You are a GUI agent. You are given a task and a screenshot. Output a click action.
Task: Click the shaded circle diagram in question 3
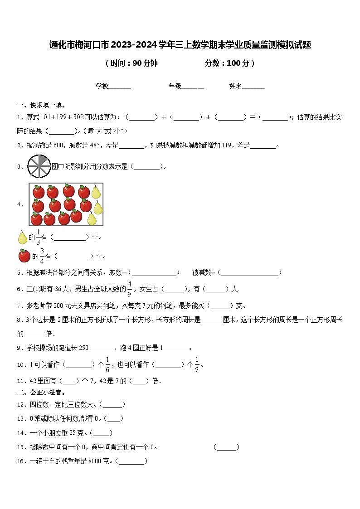[x=39, y=166]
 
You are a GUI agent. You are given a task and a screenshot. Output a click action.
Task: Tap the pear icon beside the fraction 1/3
[x=22, y=237]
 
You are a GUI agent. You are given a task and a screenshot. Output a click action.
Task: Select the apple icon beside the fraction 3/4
[x=24, y=256]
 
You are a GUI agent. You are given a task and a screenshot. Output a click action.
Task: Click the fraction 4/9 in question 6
[x=129, y=288]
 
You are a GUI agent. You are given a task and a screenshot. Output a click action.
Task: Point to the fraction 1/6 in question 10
[x=108, y=364]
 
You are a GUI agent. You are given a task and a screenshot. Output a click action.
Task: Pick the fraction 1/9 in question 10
[x=197, y=364]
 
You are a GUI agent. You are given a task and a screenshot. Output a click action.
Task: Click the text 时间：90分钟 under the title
[x=131, y=63]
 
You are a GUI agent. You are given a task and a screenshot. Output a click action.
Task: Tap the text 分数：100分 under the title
[x=229, y=63]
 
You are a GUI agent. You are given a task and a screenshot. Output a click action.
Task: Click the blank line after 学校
[x=120, y=87]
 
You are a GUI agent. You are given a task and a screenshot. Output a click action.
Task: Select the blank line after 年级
[x=193, y=87]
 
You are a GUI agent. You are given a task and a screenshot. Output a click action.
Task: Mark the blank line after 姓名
[x=253, y=87]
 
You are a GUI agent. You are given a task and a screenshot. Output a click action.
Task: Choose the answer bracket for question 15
[x=226, y=447]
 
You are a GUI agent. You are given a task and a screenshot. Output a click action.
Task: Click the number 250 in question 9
[x=83, y=348]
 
